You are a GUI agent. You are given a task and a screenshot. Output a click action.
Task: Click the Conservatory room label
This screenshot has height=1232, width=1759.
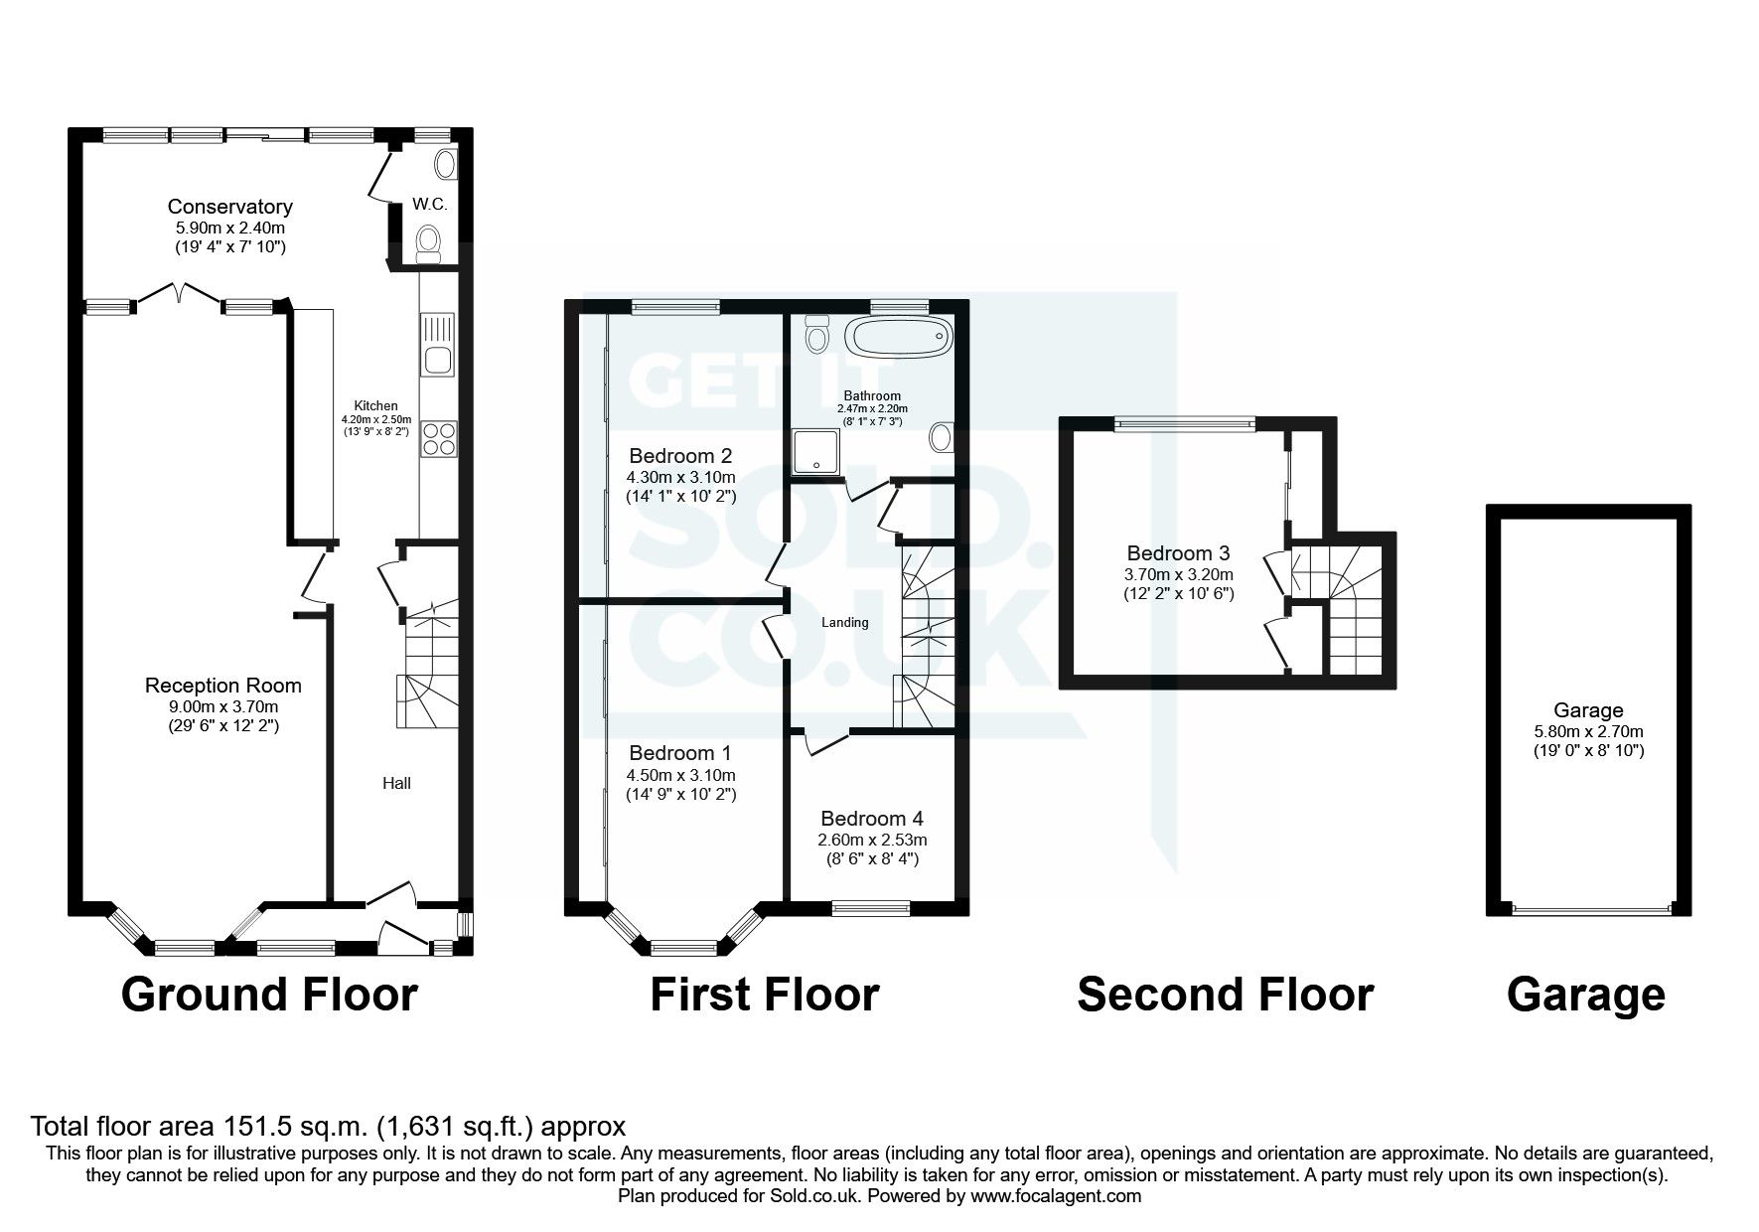[229, 207]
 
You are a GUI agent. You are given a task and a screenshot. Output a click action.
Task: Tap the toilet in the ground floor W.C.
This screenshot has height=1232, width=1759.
[429, 242]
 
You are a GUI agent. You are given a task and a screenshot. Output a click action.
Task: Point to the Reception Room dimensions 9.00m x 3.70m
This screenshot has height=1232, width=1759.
[223, 706]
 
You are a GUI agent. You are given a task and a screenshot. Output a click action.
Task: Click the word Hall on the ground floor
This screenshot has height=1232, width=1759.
[396, 783]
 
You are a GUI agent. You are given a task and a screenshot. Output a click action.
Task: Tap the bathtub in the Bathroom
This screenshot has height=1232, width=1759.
[898, 338]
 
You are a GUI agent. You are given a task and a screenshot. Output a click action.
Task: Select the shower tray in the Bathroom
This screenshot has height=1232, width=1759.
[813, 450]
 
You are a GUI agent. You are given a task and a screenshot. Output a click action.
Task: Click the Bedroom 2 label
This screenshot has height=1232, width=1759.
[680, 456]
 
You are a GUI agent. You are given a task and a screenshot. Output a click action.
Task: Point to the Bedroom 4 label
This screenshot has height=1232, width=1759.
[871, 819]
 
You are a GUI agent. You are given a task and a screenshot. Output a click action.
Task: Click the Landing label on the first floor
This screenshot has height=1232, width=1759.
[844, 623]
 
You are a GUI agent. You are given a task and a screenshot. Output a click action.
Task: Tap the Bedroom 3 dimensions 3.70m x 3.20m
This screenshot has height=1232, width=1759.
[1179, 574]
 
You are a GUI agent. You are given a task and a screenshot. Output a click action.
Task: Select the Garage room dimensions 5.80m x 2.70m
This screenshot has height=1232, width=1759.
[1587, 731]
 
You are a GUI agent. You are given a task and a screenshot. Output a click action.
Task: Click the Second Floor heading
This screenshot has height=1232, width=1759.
[1225, 995]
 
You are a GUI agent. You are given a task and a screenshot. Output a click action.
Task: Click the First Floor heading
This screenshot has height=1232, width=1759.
[764, 995]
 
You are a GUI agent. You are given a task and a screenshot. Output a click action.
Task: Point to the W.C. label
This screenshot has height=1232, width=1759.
[429, 205]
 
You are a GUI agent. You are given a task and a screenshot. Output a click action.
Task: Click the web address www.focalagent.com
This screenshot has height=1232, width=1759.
[1056, 1197]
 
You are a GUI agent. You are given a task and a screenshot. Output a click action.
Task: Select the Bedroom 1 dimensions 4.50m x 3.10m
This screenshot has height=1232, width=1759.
[681, 775]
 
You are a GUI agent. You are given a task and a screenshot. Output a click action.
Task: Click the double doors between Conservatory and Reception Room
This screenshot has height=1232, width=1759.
[179, 295]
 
